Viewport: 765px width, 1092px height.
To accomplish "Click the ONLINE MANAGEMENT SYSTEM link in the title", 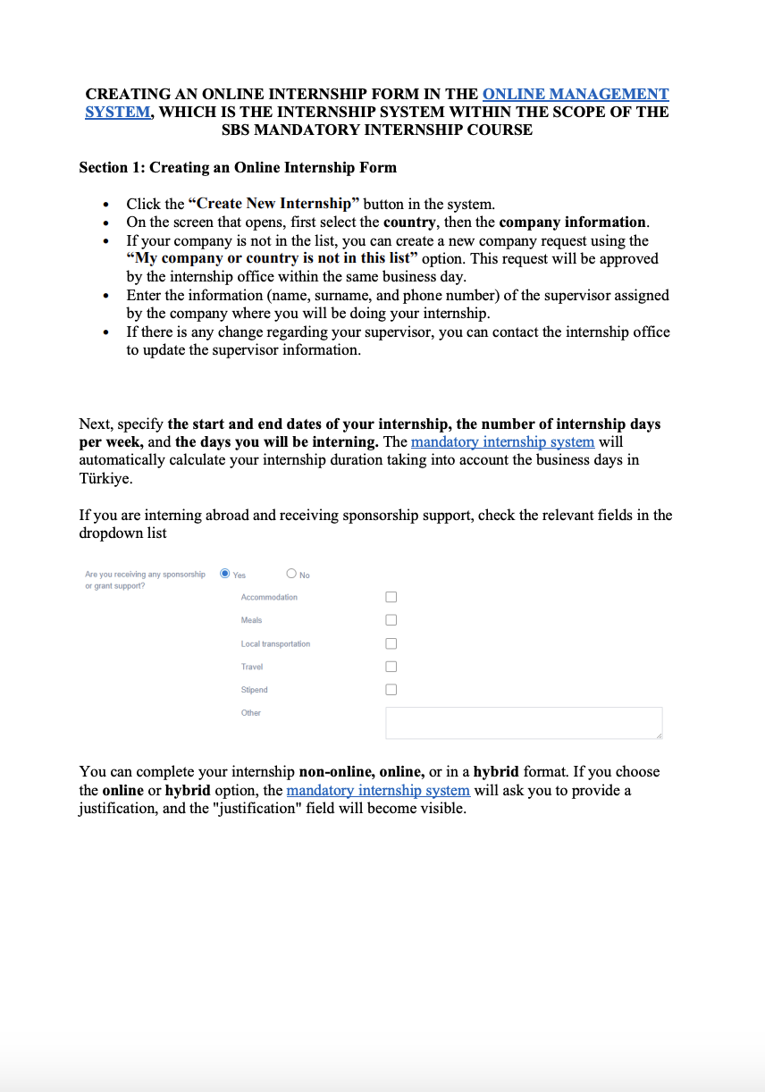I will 575,94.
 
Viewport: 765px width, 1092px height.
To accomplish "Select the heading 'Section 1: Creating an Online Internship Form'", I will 238,167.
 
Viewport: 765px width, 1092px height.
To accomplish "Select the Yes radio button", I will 225,574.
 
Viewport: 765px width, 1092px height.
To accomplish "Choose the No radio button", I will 291,574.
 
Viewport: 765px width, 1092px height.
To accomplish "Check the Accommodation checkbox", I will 391,597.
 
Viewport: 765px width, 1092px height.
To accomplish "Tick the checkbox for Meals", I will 391,620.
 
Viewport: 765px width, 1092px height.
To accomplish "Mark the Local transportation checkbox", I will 391,643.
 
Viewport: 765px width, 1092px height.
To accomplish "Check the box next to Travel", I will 391,667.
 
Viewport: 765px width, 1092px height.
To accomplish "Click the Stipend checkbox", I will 391,690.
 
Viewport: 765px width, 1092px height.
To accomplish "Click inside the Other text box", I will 524,723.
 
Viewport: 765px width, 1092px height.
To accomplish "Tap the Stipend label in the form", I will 254,690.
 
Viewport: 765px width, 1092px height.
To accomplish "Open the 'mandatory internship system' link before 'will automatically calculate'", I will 502,441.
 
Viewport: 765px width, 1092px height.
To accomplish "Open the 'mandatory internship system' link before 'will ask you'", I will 378,790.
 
